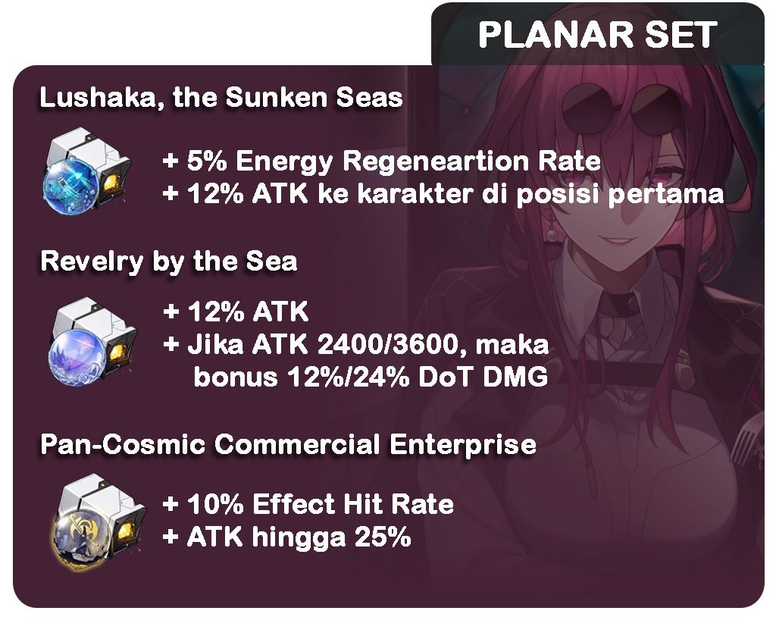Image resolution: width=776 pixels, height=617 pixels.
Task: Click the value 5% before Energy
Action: tap(207, 161)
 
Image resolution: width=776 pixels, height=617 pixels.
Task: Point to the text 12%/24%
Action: tap(349, 377)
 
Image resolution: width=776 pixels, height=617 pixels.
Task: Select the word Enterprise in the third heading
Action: tap(463, 445)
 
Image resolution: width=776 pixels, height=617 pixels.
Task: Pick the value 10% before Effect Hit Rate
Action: tap(215, 505)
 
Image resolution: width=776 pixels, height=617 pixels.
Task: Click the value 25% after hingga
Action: tap(382, 537)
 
